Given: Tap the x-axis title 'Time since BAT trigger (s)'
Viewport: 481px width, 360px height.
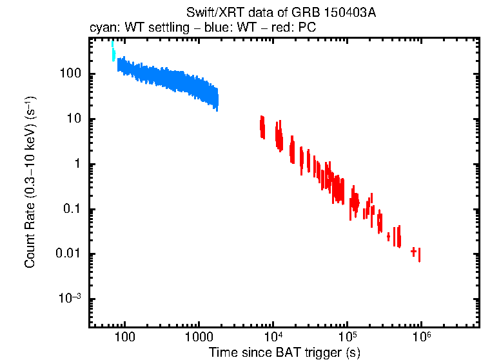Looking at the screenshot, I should [x=284, y=352].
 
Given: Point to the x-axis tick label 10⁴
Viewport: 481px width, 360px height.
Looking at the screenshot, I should [x=273, y=337].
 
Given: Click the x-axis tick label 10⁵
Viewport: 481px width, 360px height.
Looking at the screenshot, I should [x=347, y=337].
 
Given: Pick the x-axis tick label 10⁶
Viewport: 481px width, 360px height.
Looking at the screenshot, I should [x=421, y=337].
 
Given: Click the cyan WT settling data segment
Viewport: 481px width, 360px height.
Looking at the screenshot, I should [x=113, y=52].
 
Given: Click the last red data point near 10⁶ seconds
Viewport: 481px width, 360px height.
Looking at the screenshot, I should [x=420, y=255].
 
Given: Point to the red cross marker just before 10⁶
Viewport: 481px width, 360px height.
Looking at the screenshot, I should [x=413, y=251].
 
